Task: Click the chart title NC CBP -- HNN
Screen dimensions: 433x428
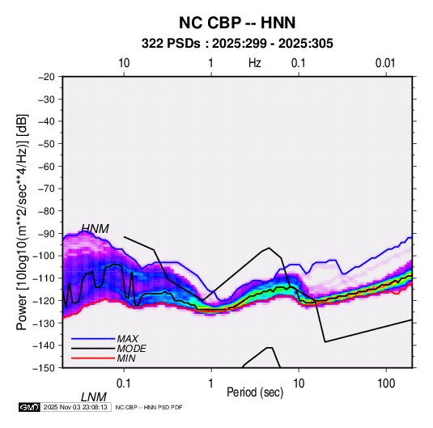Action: point(237,23)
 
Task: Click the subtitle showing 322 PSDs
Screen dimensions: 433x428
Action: point(237,44)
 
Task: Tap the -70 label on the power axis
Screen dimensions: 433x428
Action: point(46,189)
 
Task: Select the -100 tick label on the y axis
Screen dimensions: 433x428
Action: point(45,256)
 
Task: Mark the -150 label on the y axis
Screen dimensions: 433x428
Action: point(45,368)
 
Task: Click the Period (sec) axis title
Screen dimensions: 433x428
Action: point(255,392)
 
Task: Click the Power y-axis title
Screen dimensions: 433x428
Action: point(22,222)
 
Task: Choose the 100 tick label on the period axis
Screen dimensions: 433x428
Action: point(386,384)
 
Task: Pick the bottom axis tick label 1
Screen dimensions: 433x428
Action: point(211,384)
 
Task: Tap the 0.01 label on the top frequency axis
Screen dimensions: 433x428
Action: point(385,63)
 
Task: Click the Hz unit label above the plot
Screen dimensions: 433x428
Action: point(255,63)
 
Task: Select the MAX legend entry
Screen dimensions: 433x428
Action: point(127,338)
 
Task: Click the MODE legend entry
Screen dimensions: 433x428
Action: point(131,349)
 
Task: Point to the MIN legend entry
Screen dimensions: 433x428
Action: point(126,358)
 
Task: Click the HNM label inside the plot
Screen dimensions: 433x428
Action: point(96,229)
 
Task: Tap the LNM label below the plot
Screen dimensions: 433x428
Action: point(94,397)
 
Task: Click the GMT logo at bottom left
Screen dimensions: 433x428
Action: point(29,407)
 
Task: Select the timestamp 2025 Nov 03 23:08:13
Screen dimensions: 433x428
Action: point(75,407)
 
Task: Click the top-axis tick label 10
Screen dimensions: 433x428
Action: point(124,63)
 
